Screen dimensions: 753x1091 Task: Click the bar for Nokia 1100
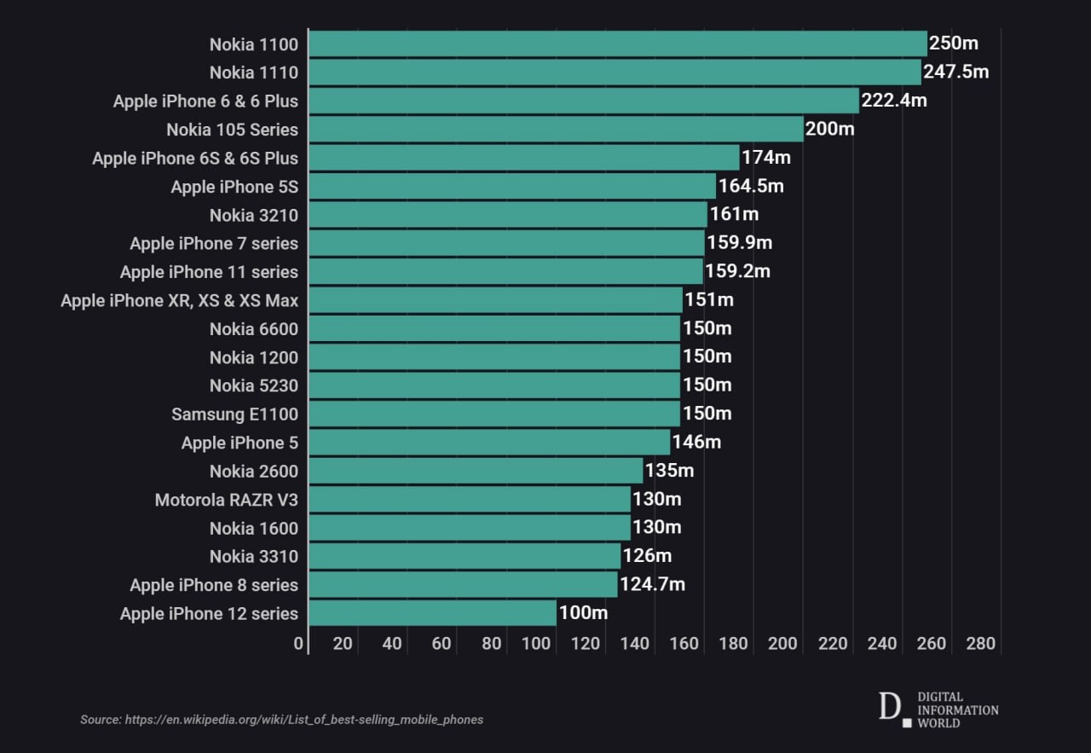(x=617, y=44)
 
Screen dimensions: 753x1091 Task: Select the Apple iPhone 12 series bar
(x=432, y=613)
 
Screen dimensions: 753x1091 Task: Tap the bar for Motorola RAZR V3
(x=469, y=500)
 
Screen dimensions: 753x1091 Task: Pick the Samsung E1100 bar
(x=494, y=414)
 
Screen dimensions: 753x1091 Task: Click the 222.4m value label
(x=894, y=101)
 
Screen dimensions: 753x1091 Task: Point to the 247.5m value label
(x=956, y=72)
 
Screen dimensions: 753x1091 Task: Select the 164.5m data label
(x=751, y=186)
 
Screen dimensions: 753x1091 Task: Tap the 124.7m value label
(x=652, y=584)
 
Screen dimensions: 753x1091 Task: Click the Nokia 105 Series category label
(x=232, y=130)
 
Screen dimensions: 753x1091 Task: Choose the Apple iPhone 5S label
(x=234, y=187)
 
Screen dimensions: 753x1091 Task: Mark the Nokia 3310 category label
(x=253, y=557)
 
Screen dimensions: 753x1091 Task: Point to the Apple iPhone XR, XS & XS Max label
(x=179, y=300)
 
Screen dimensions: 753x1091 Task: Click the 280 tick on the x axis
(x=981, y=644)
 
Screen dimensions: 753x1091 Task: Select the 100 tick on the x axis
(x=536, y=644)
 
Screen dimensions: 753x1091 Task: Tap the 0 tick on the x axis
(x=298, y=644)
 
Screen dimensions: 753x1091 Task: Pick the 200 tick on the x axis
(x=783, y=644)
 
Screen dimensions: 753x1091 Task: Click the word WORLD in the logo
(x=938, y=723)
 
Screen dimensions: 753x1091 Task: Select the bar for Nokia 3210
(x=507, y=215)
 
